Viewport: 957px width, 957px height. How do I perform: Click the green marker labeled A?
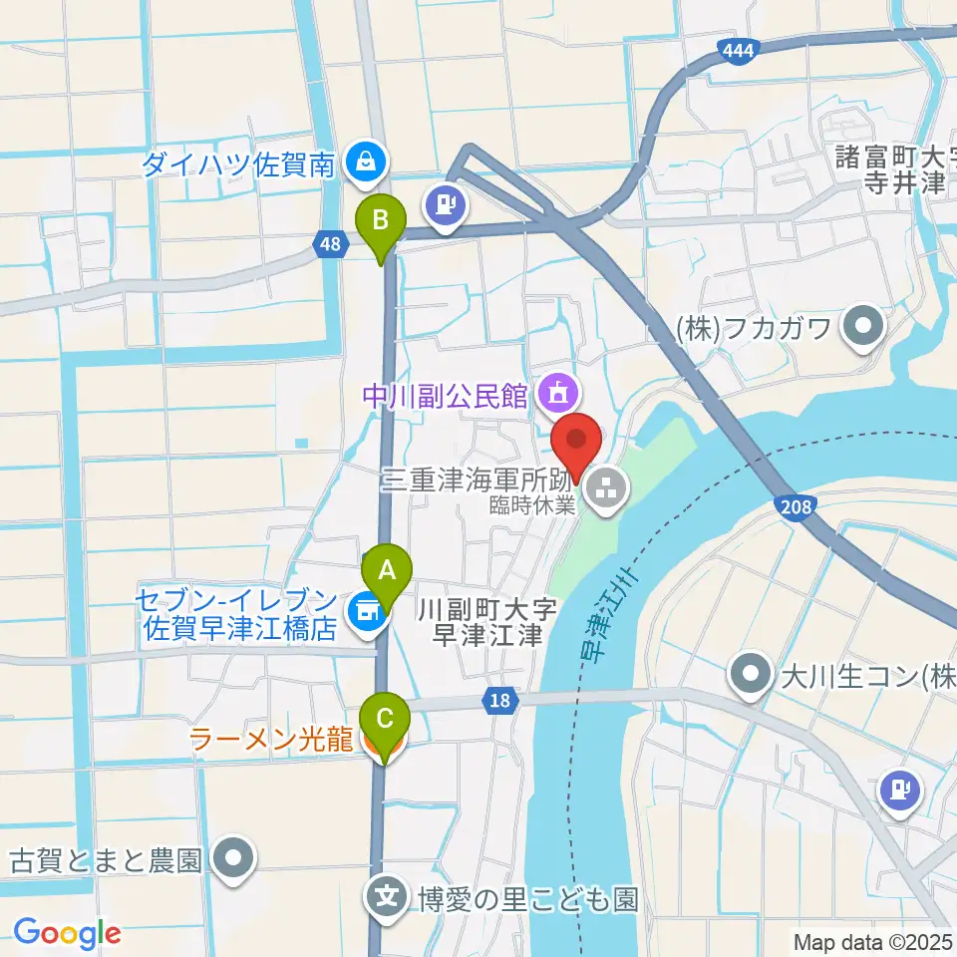(x=387, y=572)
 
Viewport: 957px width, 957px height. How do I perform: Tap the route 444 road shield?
(x=739, y=51)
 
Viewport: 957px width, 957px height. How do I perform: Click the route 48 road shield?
(x=329, y=241)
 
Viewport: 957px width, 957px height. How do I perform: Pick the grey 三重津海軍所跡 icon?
(x=602, y=488)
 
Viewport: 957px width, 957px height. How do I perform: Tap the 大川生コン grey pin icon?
(x=749, y=674)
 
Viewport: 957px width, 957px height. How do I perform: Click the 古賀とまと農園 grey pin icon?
(x=233, y=859)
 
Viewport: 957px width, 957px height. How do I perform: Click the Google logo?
(x=68, y=933)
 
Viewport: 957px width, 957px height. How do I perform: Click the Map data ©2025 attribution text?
(x=873, y=941)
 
